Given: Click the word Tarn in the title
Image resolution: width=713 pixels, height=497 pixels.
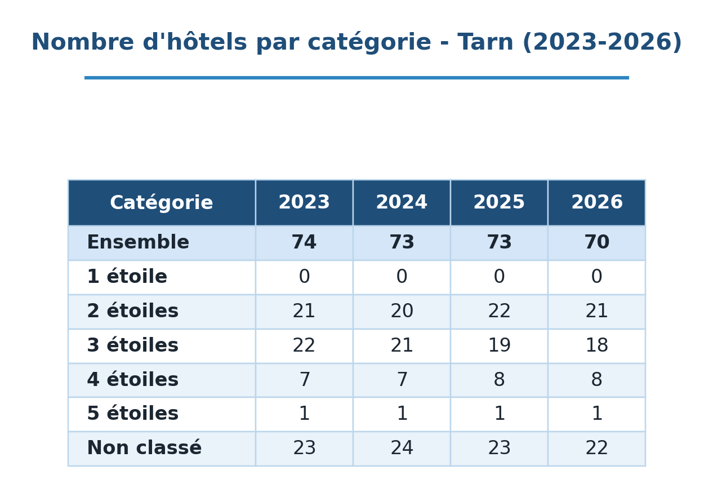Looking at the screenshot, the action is coord(485,42).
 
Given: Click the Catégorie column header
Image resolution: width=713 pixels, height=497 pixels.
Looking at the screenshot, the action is coord(162,203).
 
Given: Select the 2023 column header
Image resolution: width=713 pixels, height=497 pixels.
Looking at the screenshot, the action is coord(304,202).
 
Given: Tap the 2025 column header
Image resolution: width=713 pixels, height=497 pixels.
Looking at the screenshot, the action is coord(499,202).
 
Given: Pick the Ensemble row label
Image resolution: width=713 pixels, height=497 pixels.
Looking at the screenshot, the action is coord(138,242).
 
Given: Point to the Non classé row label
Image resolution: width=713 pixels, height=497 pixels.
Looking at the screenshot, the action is coord(144,448).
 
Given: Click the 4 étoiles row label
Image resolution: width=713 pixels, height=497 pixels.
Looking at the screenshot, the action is coord(133,380).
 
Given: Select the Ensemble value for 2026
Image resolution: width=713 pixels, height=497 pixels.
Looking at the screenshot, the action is coord(597,242).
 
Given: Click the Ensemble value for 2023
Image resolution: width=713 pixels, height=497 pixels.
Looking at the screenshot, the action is coord(304,242).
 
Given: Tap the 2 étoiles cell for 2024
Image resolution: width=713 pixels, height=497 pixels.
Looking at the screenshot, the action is coord(402,311).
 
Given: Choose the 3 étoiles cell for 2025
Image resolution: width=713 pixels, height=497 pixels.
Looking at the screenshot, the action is coord(499,345).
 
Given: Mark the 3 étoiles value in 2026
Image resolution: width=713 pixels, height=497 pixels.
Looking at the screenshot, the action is coord(597,345).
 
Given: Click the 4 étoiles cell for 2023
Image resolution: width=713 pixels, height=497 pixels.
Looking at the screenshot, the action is coord(305,380).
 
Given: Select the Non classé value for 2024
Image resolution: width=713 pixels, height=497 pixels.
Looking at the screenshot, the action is coord(402,448).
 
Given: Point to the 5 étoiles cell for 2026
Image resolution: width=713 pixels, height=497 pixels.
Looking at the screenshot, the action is coord(597,414).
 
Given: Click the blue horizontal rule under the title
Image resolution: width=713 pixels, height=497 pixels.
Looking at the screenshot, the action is coord(356,78).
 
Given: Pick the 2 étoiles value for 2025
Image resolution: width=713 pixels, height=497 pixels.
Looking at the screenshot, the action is coord(499,311).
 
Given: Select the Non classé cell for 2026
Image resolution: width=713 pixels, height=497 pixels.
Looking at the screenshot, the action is coord(597,448).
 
